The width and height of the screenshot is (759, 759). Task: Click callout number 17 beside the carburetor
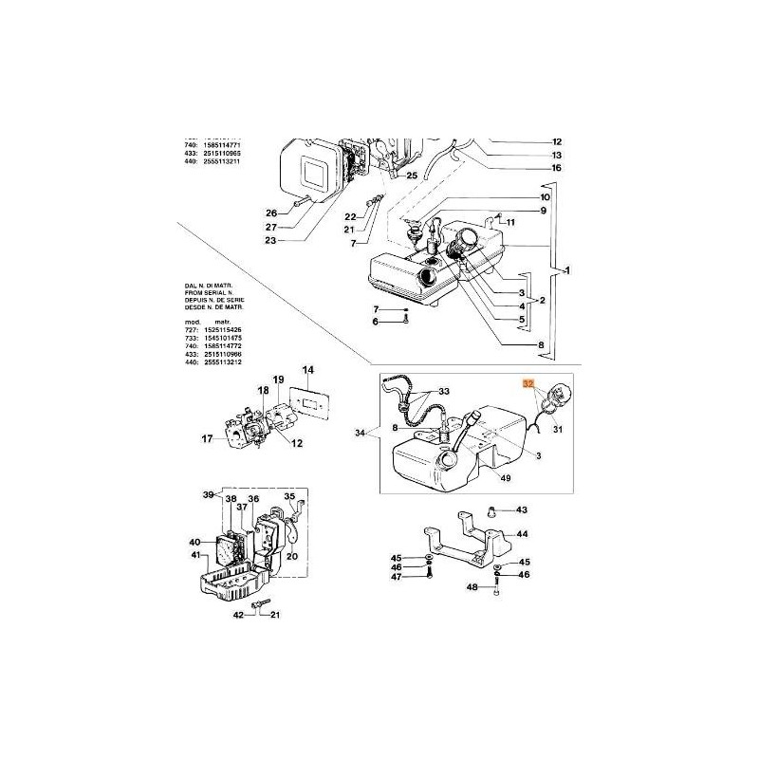click(209, 438)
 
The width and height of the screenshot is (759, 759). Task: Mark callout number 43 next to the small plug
click(522, 509)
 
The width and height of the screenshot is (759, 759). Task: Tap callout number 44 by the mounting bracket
click(521, 534)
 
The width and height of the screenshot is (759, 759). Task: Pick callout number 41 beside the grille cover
click(195, 555)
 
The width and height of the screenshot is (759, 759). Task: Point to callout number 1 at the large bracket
click(566, 271)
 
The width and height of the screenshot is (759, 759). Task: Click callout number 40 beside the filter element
click(195, 542)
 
